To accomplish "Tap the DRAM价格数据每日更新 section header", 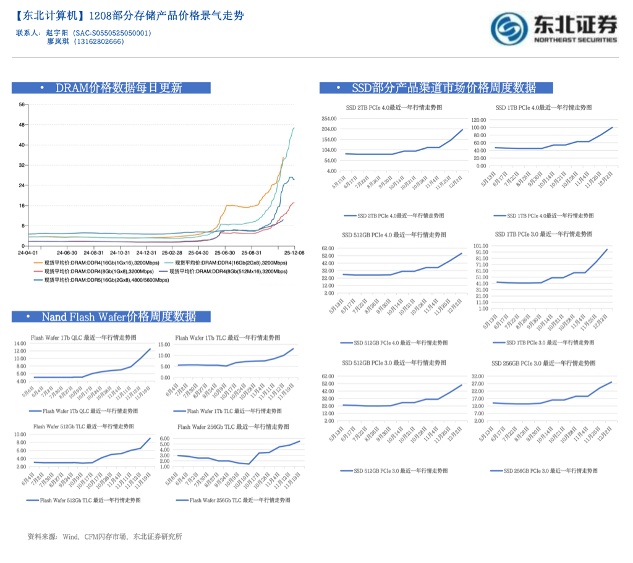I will click(111, 88).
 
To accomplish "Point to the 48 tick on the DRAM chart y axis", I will click(22, 125).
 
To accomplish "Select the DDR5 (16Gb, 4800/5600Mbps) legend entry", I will click(102, 280).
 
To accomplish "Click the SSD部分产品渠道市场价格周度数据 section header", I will click(436, 88).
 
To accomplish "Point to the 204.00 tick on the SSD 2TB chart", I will click(328, 129).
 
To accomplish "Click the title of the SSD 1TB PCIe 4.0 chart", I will click(543, 108).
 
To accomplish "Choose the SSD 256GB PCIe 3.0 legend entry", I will click(544, 471).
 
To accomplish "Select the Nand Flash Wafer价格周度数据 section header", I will click(111, 316).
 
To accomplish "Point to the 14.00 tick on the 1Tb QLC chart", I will click(19, 344).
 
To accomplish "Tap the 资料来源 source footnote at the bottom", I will click(105, 536).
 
